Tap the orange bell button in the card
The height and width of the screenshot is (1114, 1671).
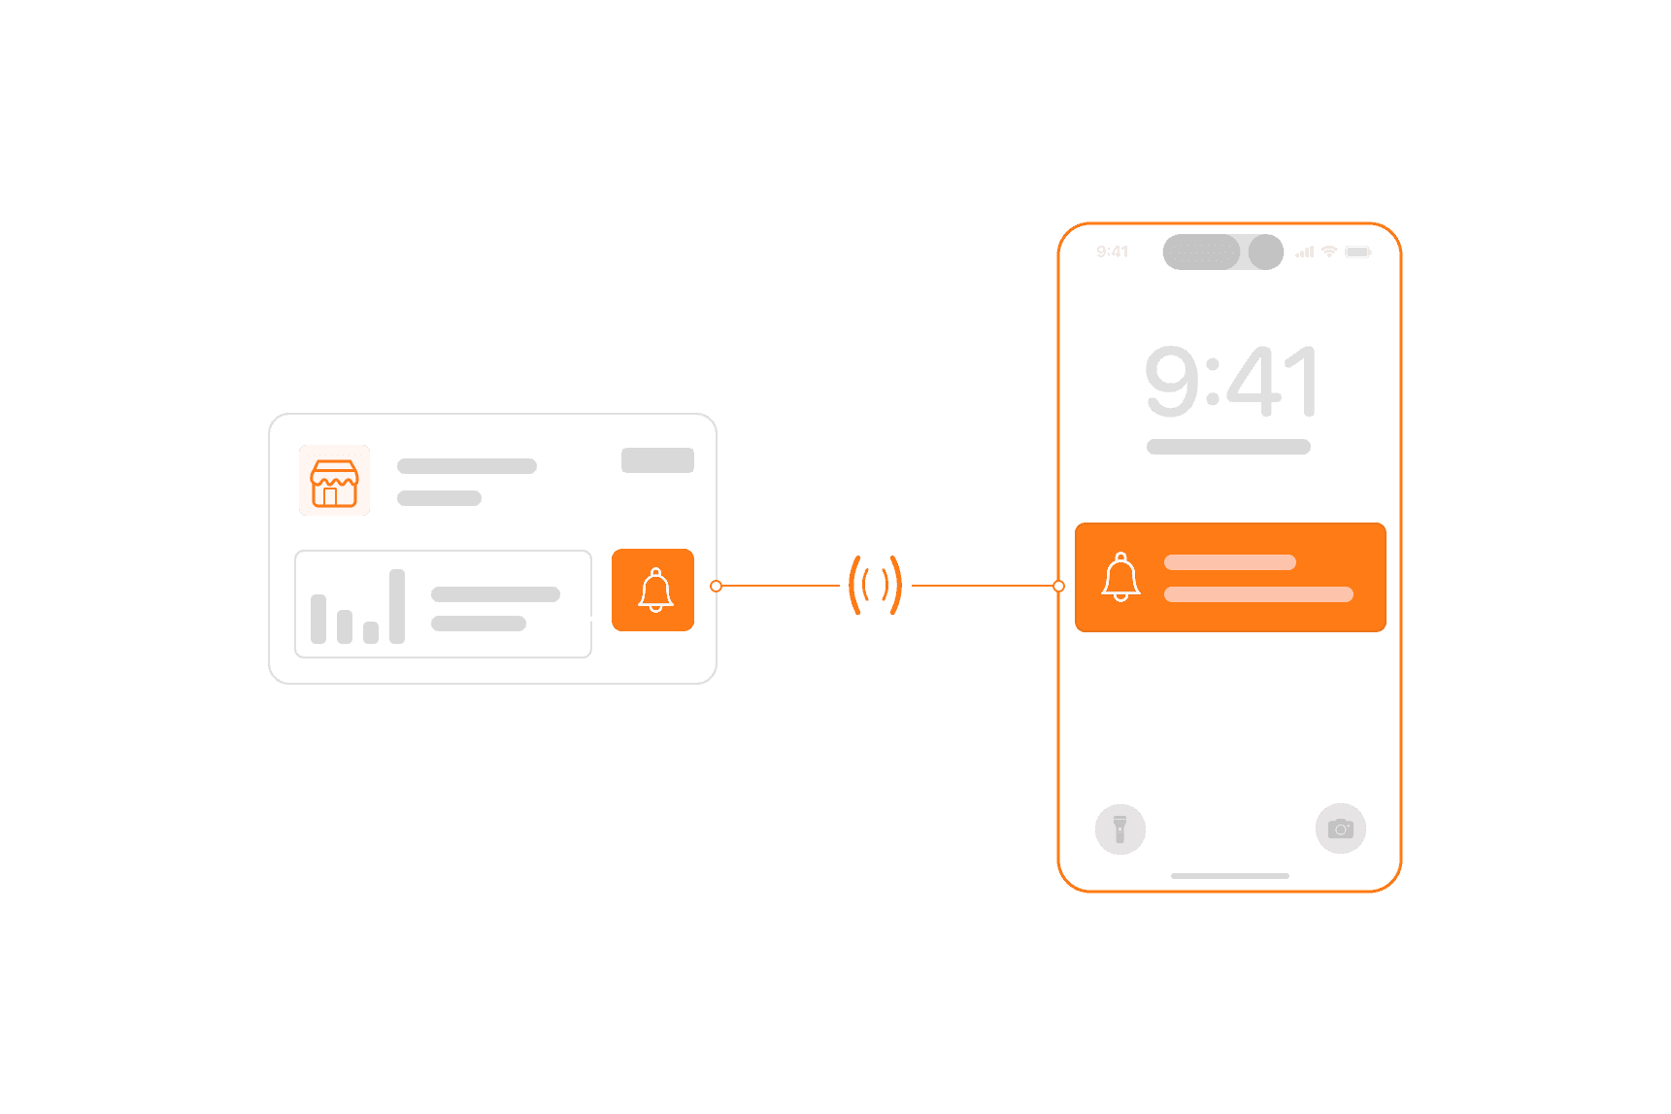[652, 590]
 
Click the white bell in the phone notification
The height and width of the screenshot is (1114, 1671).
[1120, 577]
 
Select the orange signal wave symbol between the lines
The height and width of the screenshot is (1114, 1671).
[875, 585]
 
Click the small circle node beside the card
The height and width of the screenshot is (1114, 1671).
[717, 586]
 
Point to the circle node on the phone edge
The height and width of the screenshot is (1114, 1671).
[1058, 586]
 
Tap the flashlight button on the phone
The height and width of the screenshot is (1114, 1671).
[1120, 828]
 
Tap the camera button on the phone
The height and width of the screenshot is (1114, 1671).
[1341, 828]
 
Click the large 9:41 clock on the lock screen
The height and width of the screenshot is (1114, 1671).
[1231, 381]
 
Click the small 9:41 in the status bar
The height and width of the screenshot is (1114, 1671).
[1113, 252]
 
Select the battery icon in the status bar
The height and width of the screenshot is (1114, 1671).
[1358, 252]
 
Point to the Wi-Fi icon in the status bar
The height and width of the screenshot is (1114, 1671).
[1329, 252]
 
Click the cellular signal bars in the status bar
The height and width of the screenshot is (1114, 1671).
[1305, 252]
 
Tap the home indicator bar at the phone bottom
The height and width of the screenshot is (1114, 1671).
[1230, 876]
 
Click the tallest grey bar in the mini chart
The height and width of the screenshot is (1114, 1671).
[397, 606]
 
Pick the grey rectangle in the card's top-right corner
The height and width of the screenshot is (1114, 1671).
[657, 460]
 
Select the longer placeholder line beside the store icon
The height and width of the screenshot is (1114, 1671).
[467, 466]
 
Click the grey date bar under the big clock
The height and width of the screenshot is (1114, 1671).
[1228, 447]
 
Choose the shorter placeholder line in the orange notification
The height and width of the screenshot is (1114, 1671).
[1230, 562]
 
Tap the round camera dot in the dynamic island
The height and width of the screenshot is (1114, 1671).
[1266, 252]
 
